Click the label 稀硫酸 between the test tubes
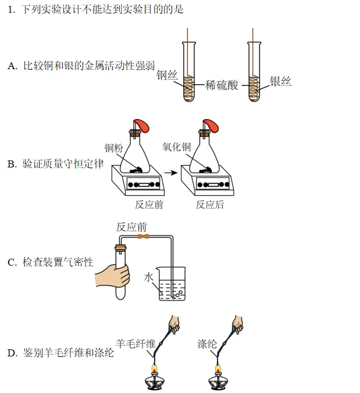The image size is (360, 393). pos(222,85)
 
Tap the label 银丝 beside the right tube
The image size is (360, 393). pos(280,81)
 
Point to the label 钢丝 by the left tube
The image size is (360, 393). pos(167,76)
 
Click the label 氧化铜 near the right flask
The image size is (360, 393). pos(176,147)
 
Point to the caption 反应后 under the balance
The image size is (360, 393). pos(209,205)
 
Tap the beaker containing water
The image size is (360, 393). pos(172,284)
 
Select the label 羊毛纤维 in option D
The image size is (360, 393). pos(136,343)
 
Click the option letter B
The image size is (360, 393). pos(12,165)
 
